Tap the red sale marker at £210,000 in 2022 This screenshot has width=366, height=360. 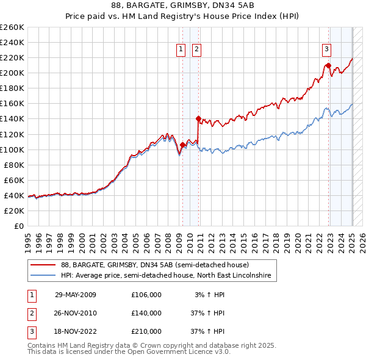tap(328, 65)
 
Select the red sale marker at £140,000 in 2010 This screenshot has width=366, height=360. tap(198, 118)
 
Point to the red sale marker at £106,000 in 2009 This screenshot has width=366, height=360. tap(182, 145)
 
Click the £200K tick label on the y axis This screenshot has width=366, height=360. tap(12, 73)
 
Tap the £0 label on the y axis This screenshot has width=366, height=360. tap(19, 226)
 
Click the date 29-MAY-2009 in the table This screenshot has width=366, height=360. tap(76, 295)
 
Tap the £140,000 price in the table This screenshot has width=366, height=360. tap(146, 313)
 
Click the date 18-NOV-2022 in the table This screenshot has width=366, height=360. tap(76, 331)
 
